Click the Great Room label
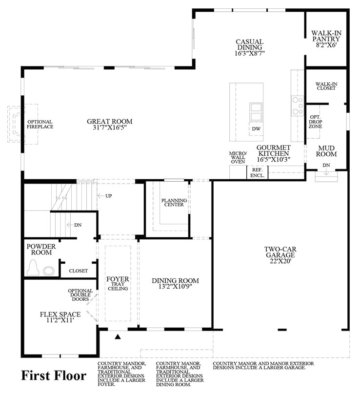110,122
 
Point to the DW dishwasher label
256,129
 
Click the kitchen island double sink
256,111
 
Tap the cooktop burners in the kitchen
297,105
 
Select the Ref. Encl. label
257,172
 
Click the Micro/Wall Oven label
238,157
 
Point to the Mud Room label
327,150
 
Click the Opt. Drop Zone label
315,121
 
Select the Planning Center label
173,202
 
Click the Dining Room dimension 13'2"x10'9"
175,287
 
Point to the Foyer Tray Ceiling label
118,283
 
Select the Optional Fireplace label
40,124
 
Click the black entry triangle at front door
117,336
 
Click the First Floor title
54,375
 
